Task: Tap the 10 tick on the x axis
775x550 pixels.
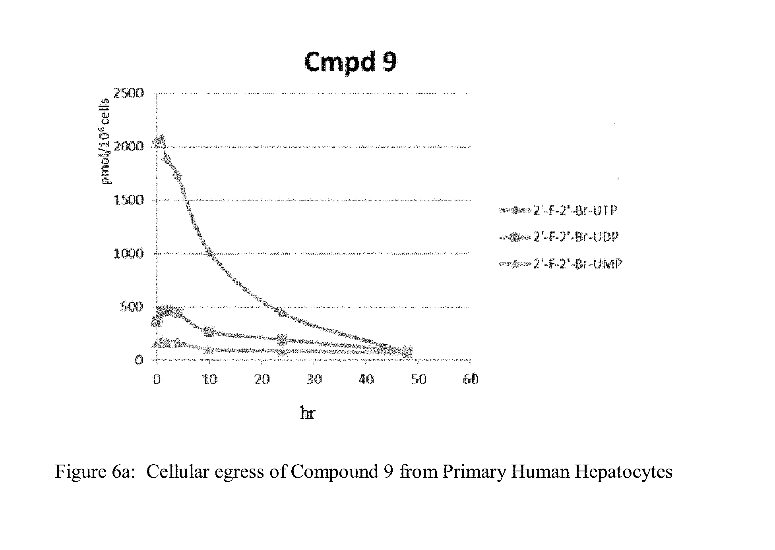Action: pos(209,380)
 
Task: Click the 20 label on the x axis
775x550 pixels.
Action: pos(262,380)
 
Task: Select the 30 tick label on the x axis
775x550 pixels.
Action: pos(314,380)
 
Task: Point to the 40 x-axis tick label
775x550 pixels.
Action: pos(366,380)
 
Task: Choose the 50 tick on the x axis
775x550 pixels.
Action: pos(418,380)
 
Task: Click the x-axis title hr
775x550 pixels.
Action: pos(308,414)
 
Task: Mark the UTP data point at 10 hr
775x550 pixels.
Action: pos(209,253)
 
